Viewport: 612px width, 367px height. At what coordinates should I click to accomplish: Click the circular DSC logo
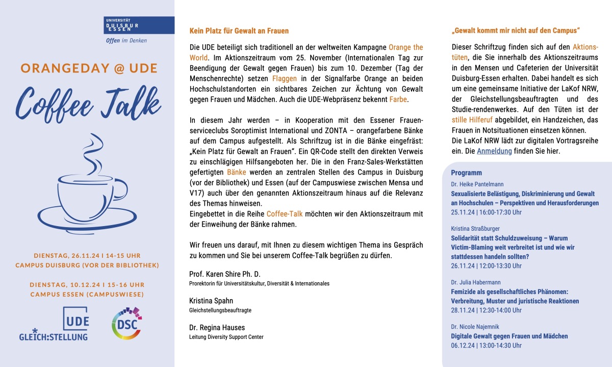click(x=126, y=324)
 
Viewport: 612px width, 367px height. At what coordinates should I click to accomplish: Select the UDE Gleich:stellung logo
click(x=54, y=324)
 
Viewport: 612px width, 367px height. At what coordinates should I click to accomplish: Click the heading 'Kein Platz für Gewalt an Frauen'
click(x=239, y=31)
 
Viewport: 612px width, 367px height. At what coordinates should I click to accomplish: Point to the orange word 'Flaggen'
click(x=284, y=79)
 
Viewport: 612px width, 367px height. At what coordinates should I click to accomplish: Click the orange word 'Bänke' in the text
click(x=236, y=173)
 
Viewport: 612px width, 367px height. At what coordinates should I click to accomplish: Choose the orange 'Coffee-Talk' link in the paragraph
click(x=288, y=214)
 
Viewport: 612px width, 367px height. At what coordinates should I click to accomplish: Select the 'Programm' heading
click(x=466, y=173)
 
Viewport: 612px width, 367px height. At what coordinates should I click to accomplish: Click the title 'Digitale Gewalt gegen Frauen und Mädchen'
click(x=509, y=336)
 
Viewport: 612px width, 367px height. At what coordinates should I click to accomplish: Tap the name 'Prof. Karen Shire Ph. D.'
click(x=224, y=274)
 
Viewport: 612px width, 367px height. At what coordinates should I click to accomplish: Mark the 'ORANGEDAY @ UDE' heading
click(x=89, y=68)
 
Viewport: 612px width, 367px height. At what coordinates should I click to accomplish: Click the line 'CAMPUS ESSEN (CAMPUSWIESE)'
click(x=87, y=294)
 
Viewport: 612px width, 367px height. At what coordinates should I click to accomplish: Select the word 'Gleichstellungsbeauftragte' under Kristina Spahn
click(x=220, y=310)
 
